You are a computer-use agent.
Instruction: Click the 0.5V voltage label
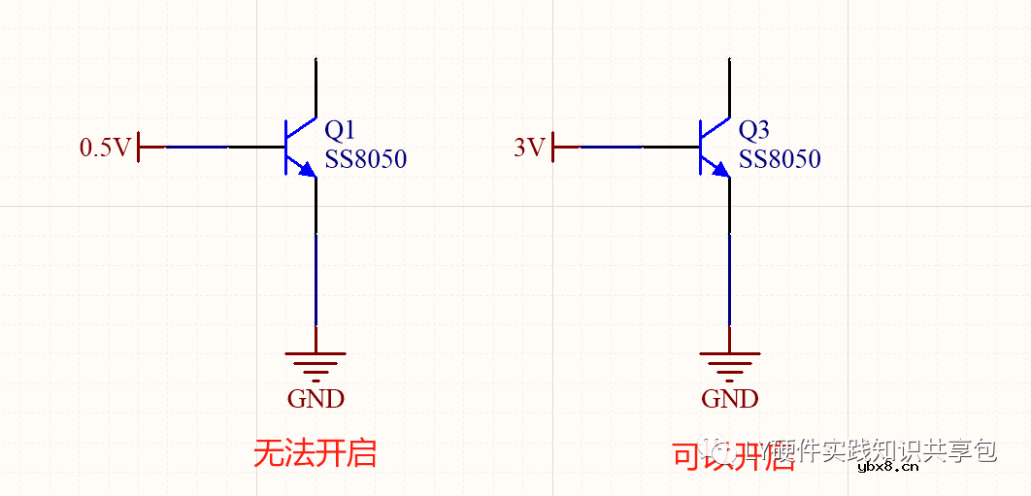(105, 148)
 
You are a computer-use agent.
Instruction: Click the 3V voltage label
(529, 148)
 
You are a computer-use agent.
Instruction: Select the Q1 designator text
(340, 130)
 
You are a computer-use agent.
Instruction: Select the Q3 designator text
(754, 130)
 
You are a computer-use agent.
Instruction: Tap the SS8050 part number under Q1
(365, 159)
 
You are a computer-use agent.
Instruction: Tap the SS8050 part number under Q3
(780, 159)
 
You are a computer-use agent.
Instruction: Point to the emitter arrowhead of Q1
(308, 171)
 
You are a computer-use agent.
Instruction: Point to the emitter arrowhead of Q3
(721, 171)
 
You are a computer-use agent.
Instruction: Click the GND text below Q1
(316, 398)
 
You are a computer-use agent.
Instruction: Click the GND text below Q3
(730, 398)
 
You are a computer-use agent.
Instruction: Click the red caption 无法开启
(315, 453)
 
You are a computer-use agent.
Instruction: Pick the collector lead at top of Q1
(316, 87)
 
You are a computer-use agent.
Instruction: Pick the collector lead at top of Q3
(729, 87)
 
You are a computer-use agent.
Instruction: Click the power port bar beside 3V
(553, 148)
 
